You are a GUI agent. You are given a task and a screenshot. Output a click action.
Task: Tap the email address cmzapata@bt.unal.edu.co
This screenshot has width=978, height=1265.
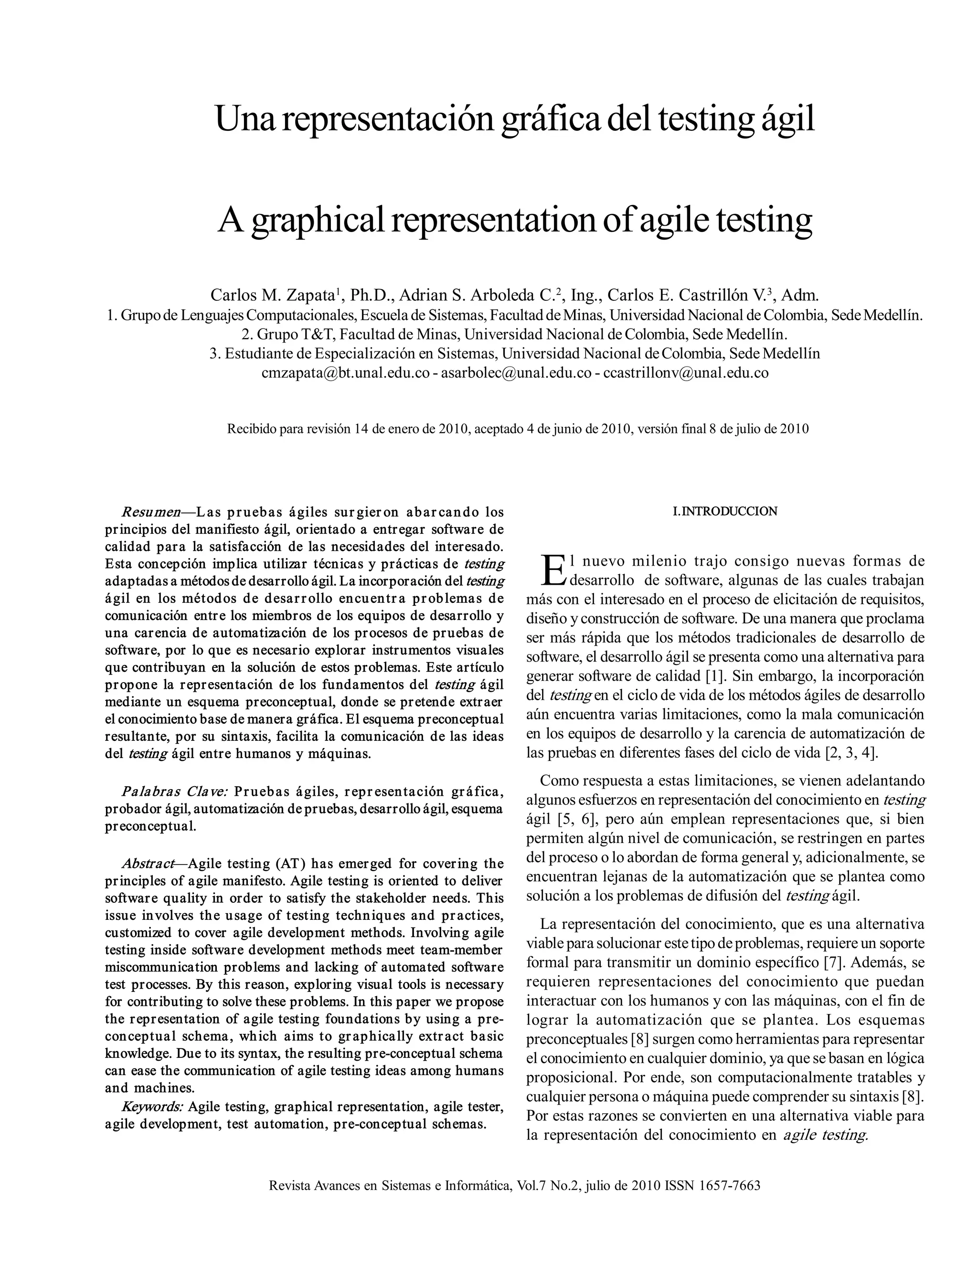click(345, 373)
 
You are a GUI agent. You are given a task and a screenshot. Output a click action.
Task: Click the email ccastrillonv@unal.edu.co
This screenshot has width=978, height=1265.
click(686, 373)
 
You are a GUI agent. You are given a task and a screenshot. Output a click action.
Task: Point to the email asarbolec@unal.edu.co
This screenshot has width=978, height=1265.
click(516, 373)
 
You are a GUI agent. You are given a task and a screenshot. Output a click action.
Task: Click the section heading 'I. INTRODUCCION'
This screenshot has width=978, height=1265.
click(725, 511)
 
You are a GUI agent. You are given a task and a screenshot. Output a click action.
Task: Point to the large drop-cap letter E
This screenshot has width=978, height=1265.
click(553, 570)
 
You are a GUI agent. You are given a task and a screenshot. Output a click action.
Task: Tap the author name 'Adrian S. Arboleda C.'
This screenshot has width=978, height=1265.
click(478, 296)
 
